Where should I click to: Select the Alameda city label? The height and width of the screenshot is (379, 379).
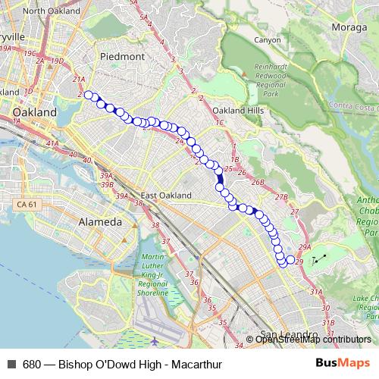click(x=100, y=223)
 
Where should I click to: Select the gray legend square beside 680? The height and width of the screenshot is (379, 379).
click(x=10, y=363)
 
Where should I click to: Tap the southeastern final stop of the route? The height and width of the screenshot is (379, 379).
click(x=290, y=261)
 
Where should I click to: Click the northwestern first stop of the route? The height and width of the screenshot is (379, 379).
click(x=88, y=95)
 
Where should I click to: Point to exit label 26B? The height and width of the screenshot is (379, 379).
click(x=258, y=182)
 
